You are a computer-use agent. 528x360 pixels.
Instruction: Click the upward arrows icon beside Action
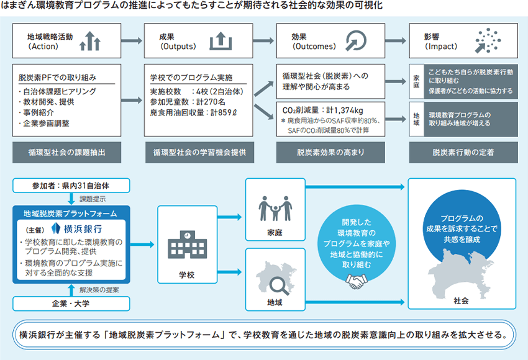[x=91, y=41]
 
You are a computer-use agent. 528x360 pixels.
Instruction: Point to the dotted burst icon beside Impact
[x=487, y=40]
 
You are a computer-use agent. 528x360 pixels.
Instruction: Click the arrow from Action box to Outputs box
[x=130, y=42]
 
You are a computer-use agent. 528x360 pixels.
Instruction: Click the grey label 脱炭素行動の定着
[x=462, y=151]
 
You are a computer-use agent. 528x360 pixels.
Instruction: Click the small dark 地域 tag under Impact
[x=416, y=118]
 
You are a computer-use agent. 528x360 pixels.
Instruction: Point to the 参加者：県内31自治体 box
[x=71, y=185]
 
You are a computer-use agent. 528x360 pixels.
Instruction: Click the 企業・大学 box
[x=71, y=304]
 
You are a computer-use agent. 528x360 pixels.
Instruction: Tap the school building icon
[x=183, y=245]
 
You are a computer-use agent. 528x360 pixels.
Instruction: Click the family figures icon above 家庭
[x=275, y=208]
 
